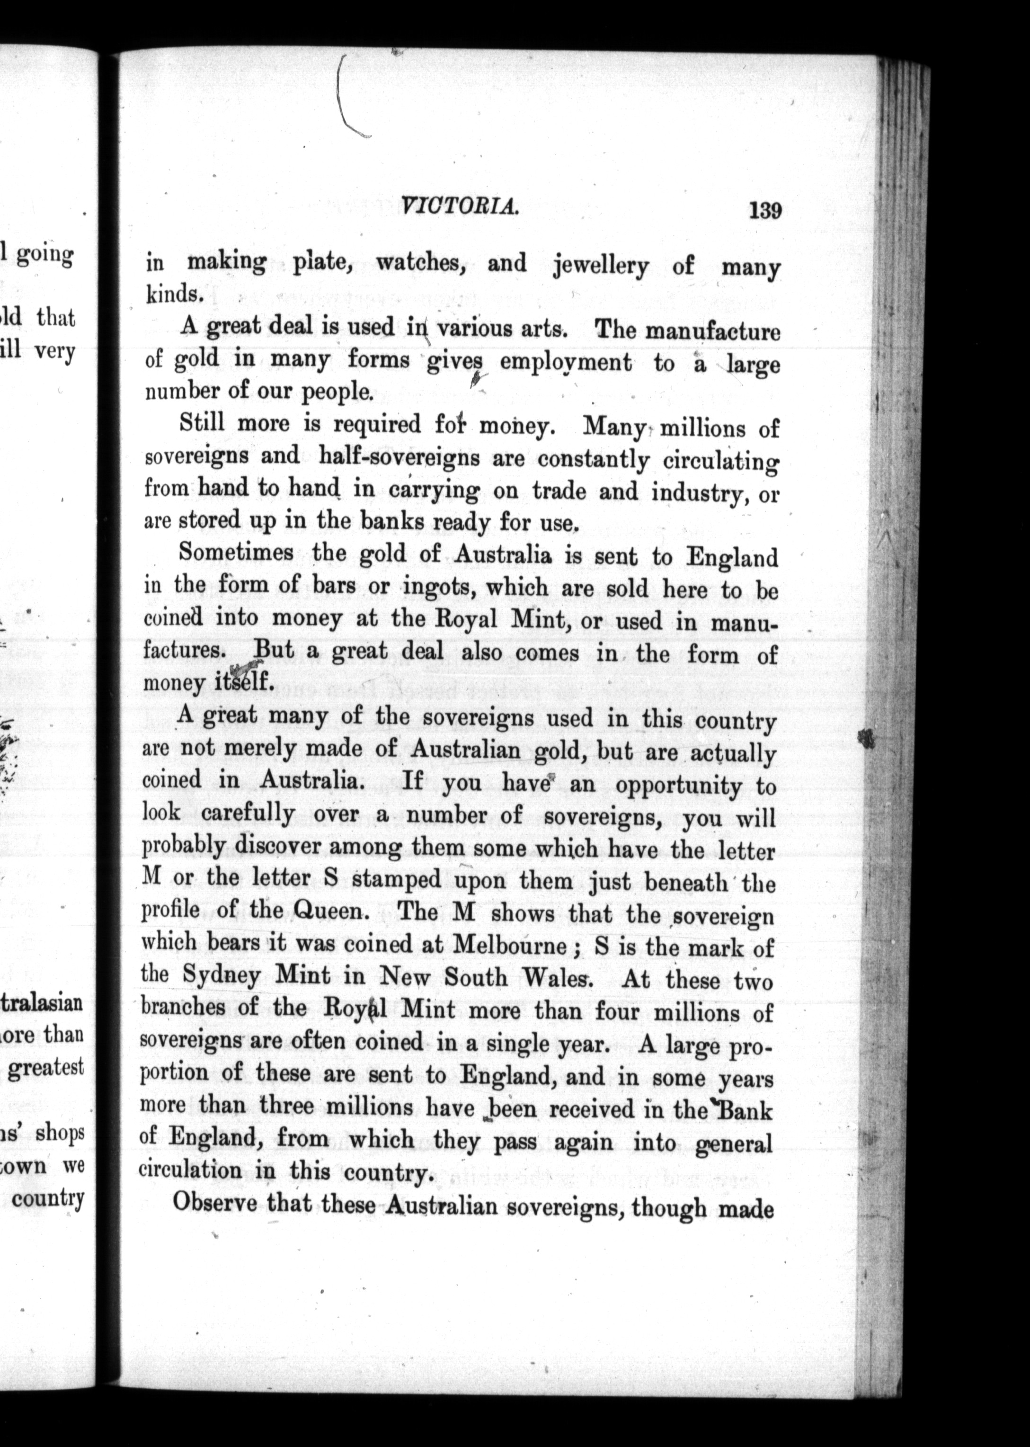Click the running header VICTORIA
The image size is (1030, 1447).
pos(461,205)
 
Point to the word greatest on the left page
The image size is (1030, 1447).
pos(47,1066)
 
